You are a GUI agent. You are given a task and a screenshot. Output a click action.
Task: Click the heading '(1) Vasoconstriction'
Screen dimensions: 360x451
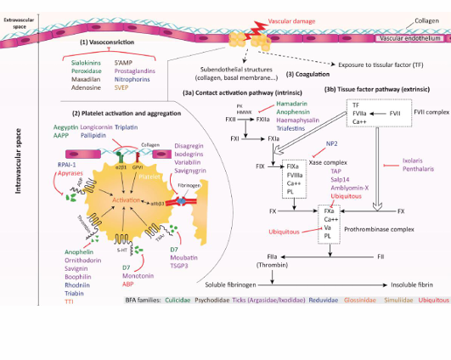[x=107, y=42]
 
